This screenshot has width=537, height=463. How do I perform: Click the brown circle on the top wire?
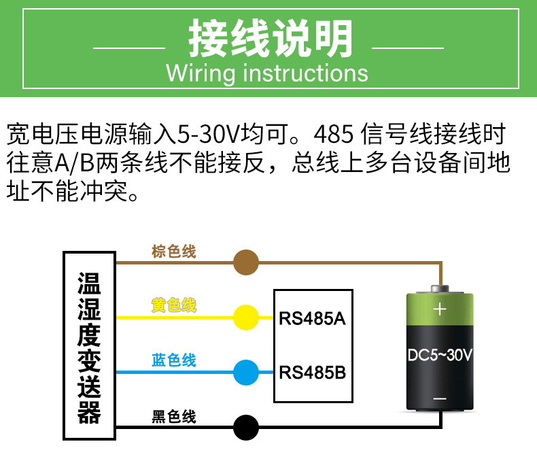point(246,262)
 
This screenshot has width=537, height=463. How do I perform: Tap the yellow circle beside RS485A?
point(246,317)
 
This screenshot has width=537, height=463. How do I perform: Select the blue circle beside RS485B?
point(246,372)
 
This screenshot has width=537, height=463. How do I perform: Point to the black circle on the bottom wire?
point(246,428)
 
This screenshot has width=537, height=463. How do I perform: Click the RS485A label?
point(313,318)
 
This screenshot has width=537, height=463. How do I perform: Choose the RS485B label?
point(313,373)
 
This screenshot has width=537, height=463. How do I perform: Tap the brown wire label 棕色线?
point(174,252)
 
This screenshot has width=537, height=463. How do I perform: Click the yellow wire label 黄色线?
point(174,306)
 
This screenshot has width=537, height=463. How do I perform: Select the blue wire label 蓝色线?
point(174,360)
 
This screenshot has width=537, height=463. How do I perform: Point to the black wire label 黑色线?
point(174,416)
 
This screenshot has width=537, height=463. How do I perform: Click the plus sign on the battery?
point(440,309)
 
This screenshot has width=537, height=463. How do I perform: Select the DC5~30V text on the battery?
point(440,354)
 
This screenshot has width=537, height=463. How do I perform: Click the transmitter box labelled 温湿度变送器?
point(89,346)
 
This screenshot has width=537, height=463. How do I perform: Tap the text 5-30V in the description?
point(202,134)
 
